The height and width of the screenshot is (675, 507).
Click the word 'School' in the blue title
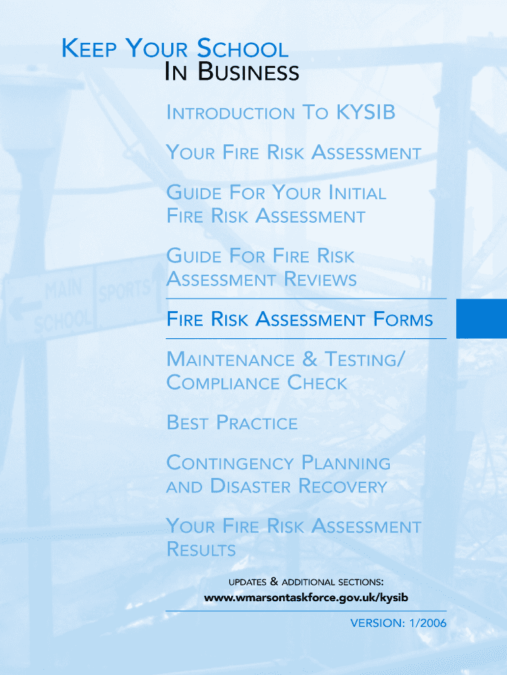(242, 48)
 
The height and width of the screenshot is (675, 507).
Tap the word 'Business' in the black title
(248, 71)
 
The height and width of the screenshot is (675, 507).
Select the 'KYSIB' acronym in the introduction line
(365, 112)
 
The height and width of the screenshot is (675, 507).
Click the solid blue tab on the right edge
(481, 318)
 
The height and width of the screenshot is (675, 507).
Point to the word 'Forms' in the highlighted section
(403, 320)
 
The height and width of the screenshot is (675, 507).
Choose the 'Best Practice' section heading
(232, 423)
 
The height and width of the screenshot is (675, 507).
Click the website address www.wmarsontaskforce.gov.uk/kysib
(306, 597)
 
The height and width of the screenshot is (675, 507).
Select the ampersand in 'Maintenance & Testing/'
(309, 359)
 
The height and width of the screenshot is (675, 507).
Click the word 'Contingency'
(230, 463)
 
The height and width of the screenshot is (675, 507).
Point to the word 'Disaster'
(251, 486)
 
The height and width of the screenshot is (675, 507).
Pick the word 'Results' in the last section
(201, 549)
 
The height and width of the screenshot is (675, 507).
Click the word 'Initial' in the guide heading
(358, 192)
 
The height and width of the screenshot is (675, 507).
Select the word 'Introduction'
(230, 112)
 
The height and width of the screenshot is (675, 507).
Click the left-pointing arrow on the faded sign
(24, 308)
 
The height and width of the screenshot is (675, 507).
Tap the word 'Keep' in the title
(89, 48)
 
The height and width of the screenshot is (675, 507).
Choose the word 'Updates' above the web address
(248, 582)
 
